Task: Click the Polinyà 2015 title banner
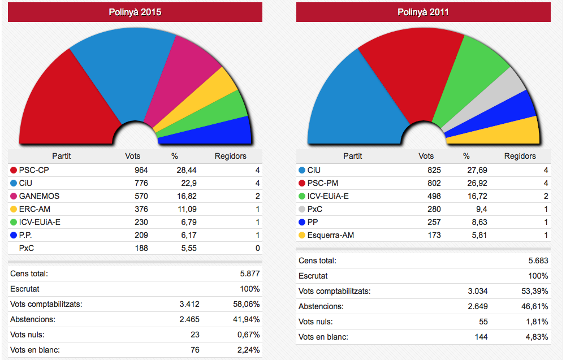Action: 135,12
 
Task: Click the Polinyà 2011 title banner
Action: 423,12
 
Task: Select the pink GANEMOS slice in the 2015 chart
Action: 181,79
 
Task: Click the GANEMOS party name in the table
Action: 39,196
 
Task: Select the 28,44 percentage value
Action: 185,170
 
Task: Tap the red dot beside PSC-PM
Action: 301,183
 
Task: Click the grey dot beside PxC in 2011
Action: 301,209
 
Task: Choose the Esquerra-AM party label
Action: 331,235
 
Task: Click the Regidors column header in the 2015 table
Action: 231,156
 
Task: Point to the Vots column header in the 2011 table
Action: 426,156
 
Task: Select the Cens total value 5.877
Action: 248,274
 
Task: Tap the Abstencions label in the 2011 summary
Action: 321,306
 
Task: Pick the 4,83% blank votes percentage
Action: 536,337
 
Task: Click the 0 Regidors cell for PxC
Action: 258,248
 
